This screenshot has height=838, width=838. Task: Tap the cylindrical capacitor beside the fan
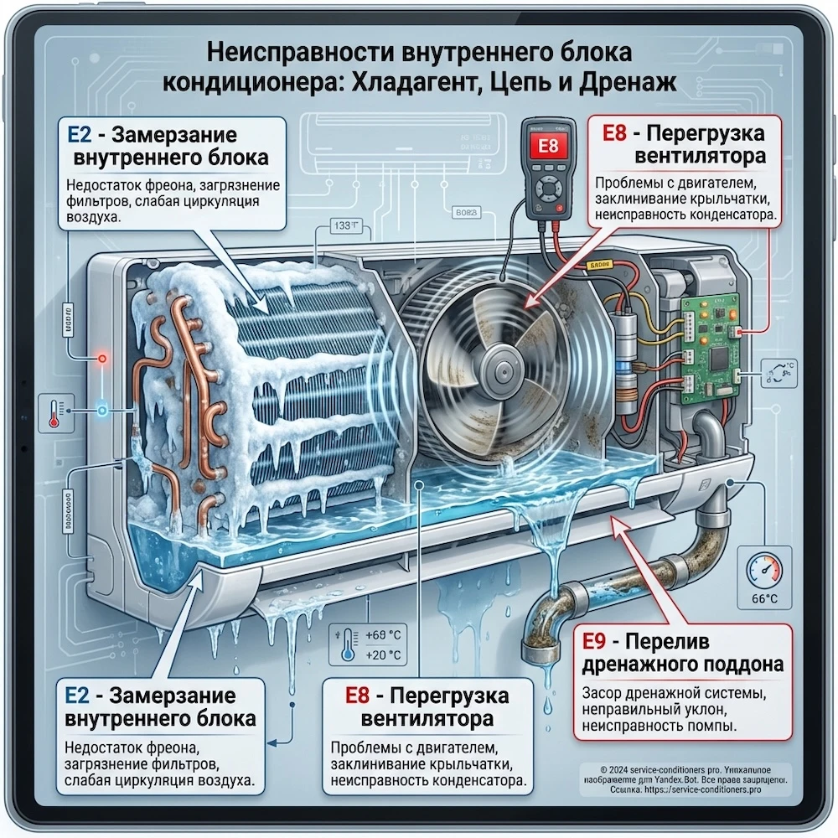626,344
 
